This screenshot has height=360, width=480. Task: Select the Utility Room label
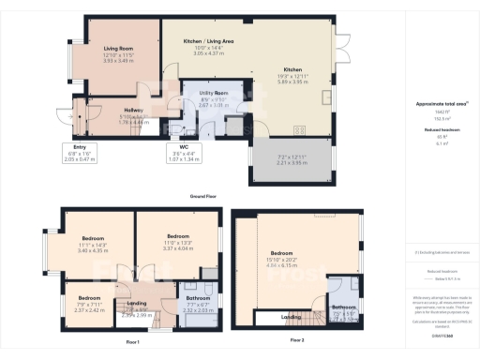click(208, 94)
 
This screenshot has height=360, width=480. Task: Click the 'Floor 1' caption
click(132, 340)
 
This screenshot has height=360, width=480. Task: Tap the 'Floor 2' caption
click(297, 339)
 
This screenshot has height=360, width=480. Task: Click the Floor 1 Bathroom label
click(197, 301)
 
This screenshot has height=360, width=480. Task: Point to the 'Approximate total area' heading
click(436, 104)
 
